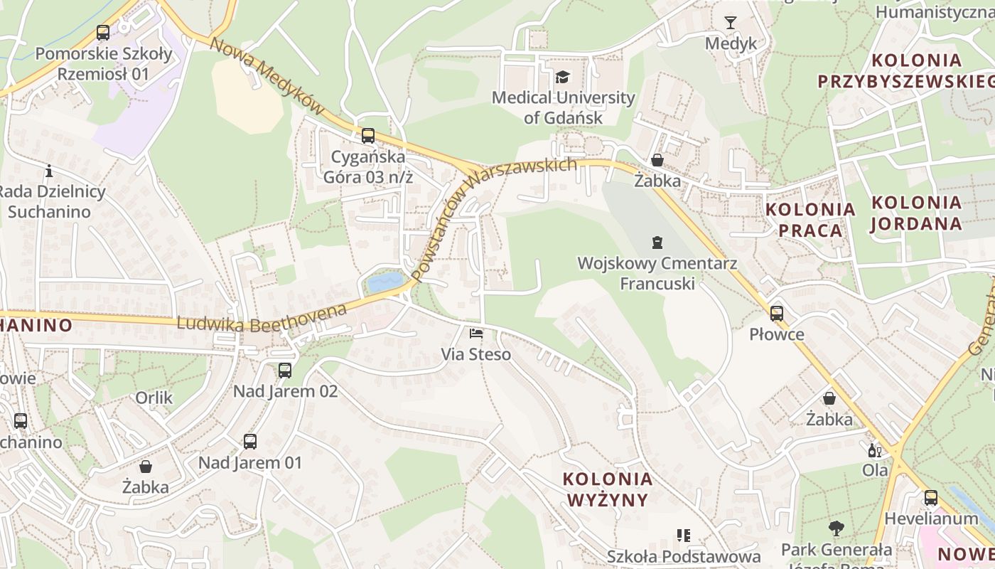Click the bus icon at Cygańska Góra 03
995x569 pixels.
pos(367,136)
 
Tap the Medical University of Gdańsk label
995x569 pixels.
pos(563,107)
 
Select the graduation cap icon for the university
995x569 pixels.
pos(563,77)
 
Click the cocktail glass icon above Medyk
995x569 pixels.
pos(731,23)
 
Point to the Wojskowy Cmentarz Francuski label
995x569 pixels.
pos(657,273)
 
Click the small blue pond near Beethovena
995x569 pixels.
pos(384,283)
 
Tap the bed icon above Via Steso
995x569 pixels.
pos(475,333)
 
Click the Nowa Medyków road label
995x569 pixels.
pos(267,76)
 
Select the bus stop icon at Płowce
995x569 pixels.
pos(776,313)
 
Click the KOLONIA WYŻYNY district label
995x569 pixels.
pos(608,489)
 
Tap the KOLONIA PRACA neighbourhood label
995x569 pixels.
pos(810,220)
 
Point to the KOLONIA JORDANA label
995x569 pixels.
pos(916,213)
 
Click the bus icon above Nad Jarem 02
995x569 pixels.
pos(285,370)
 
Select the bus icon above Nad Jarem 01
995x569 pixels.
pos(249,441)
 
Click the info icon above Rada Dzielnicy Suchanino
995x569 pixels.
pos(49,171)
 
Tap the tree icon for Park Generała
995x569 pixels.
pos(836,528)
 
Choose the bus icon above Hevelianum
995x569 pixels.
pos(930,497)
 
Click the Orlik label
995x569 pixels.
pos(154,398)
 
